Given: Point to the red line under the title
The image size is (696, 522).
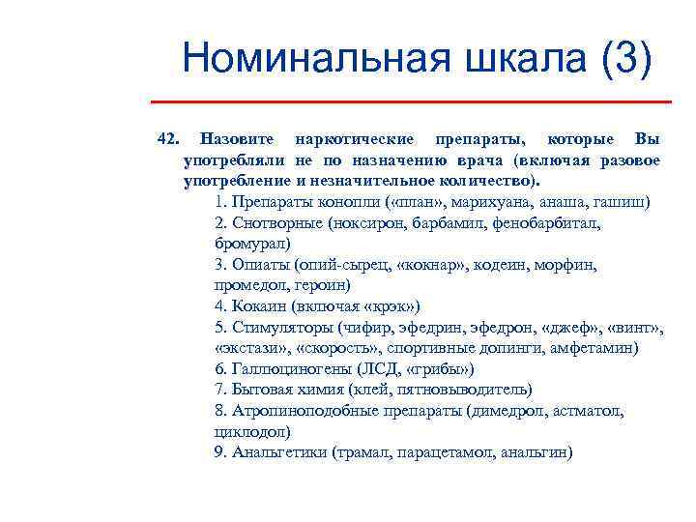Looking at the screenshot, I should pos(411,101).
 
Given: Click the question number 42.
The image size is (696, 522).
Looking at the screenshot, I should pos(168,139).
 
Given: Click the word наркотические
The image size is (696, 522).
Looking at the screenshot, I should pos(355,139).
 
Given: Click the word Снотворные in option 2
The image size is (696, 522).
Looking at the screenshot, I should pos(275,223).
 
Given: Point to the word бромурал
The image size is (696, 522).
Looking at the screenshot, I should pos(250,244).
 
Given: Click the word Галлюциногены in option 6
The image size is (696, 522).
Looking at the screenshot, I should pos(287,369).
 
